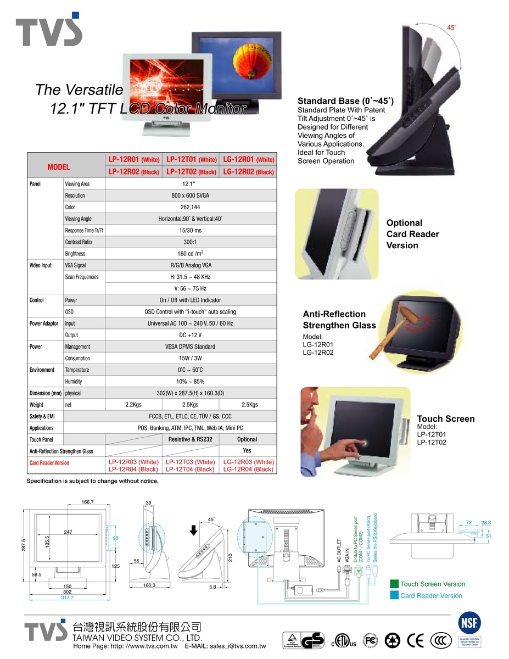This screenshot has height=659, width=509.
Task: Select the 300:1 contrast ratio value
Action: coord(190,242)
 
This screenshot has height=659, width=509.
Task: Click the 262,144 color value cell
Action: coord(190,207)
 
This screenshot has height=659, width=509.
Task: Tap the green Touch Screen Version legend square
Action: coord(394,584)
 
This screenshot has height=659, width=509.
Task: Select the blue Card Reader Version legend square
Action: coord(394,595)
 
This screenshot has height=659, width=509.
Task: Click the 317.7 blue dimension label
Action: coord(66,597)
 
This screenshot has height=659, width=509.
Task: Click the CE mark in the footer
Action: coord(416,640)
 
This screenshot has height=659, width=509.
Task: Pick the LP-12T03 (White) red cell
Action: coord(190,462)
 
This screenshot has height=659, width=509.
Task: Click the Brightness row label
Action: coord(75,254)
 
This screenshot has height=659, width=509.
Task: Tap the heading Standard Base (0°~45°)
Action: coord(345,101)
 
